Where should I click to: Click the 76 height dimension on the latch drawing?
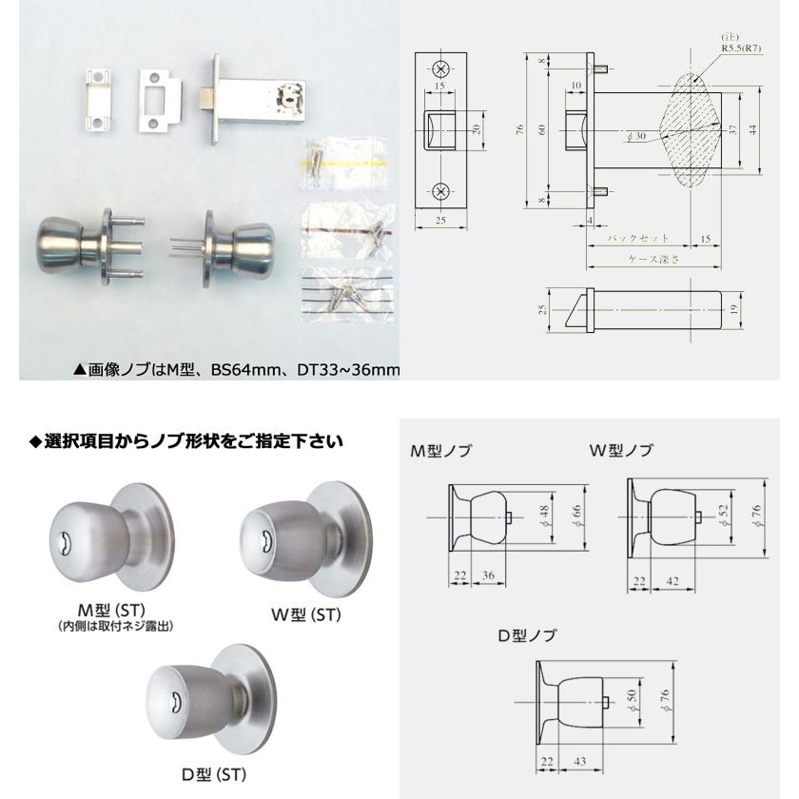pyautogui.click(x=519, y=129)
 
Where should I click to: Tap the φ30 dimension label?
pyautogui.click(x=637, y=137)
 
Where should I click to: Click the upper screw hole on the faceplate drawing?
pyautogui.click(x=440, y=68)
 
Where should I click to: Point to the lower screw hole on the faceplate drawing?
pyautogui.click(x=440, y=191)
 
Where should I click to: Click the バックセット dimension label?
pyautogui.click(x=638, y=238)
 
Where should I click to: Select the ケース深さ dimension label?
pyautogui.click(x=653, y=259)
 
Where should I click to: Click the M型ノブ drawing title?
pyautogui.click(x=440, y=451)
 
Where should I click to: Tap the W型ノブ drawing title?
pyautogui.click(x=621, y=450)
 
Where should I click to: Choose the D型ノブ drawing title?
pyautogui.click(x=527, y=635)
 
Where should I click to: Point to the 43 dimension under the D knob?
pyautogui.click(x=580, y=761)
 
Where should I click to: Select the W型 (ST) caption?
pyautogui.click(x=305, y=615)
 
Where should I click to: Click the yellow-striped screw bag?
pyautogui.click(x=346, y=163)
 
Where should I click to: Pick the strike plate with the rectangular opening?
pyautogui.click(x=160, y=102)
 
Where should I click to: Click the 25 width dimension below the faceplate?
pyautogui.click(x=440, y=220)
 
